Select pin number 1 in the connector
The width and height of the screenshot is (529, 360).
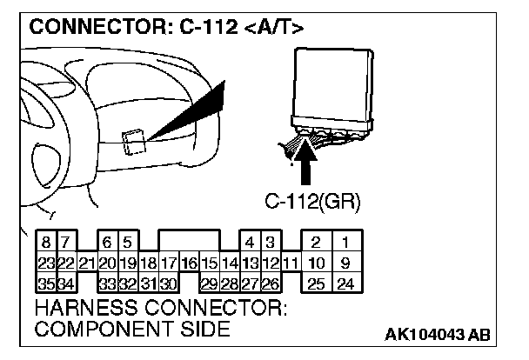click(x=346, y=243)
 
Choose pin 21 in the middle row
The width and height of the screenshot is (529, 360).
click(x=86, y=263)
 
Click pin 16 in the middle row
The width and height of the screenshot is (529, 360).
click(x=190, y=263)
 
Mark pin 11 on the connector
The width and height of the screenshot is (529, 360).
click(x=291, y=263)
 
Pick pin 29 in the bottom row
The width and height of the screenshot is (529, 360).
click(x=210, y=282)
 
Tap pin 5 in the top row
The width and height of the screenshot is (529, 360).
click(x=127, y=243)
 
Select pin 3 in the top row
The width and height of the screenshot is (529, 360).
click(x=271, y=243)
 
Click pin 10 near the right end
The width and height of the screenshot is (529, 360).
click(x=317, y=263)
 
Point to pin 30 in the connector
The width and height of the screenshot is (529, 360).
click(x=169, y=282)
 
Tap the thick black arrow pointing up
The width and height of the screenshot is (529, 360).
click(x=304, y=165)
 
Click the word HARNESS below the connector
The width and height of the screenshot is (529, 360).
click(x=87, y=309)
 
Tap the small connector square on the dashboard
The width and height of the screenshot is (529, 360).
click(x=135, y=141)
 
